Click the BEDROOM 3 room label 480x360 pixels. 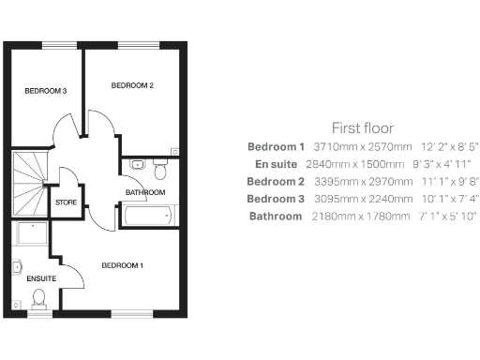pos(45,91)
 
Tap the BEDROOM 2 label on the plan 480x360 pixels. pos(132,85)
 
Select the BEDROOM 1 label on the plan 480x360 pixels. pos(123,265)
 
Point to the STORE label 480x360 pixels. pos(66,202)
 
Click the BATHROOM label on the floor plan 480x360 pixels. pos(145,192)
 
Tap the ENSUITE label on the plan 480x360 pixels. pos(41,278)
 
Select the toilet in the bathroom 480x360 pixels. pos(159,171)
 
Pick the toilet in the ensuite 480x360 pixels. pos(38,299)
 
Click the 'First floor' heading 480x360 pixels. pos(363,127)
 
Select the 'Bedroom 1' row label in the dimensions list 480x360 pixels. pos(277,147)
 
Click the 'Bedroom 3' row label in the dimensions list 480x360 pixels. pos(277,199)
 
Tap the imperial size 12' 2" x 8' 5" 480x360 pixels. pos(449,147)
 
